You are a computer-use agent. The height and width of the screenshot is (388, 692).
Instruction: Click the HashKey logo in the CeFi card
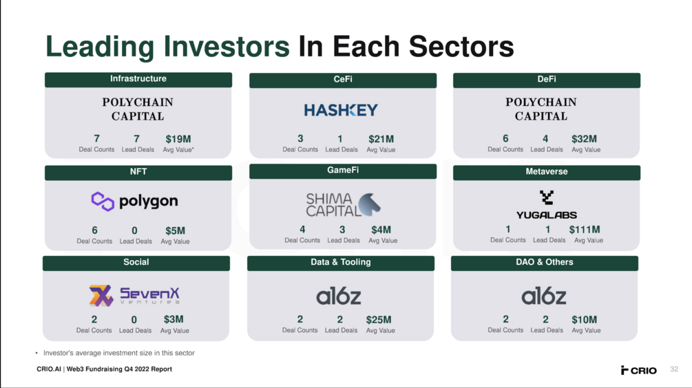coord(341,110)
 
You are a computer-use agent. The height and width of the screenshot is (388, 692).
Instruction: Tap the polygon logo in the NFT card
coord(134,202)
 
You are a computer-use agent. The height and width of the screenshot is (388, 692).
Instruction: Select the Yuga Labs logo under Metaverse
coord(546,204)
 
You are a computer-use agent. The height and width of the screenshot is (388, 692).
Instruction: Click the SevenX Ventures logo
coord(134,295)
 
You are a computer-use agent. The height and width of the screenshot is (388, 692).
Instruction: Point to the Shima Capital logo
coord(344,204)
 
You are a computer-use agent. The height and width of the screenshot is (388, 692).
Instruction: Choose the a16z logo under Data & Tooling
coord(339,296)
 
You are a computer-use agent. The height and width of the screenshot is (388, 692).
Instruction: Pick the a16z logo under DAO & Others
coord(544,296)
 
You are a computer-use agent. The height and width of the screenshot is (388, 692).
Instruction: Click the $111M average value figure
coord(585,229)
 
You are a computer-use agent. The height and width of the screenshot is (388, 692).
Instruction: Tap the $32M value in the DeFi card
coord(584,139)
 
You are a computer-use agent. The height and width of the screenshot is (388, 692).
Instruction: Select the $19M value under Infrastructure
coord(178,139)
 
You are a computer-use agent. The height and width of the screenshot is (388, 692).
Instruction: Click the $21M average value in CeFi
coord(381,139)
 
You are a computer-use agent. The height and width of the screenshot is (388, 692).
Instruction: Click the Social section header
coord(136,263)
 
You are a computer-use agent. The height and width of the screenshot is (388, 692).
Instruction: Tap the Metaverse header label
coord(546,171)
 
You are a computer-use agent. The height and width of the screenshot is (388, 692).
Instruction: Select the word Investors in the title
coord(227,46)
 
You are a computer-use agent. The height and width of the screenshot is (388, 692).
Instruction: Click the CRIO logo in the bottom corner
coord(638,370)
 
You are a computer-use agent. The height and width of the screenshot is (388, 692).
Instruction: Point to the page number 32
coord(674,369)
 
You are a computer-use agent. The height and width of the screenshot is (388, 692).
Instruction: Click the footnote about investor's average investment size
coord(118,353)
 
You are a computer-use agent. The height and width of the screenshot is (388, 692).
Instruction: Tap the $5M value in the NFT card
coord(175,230)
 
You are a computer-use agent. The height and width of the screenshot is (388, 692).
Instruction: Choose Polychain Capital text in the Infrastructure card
coord(138,109)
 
